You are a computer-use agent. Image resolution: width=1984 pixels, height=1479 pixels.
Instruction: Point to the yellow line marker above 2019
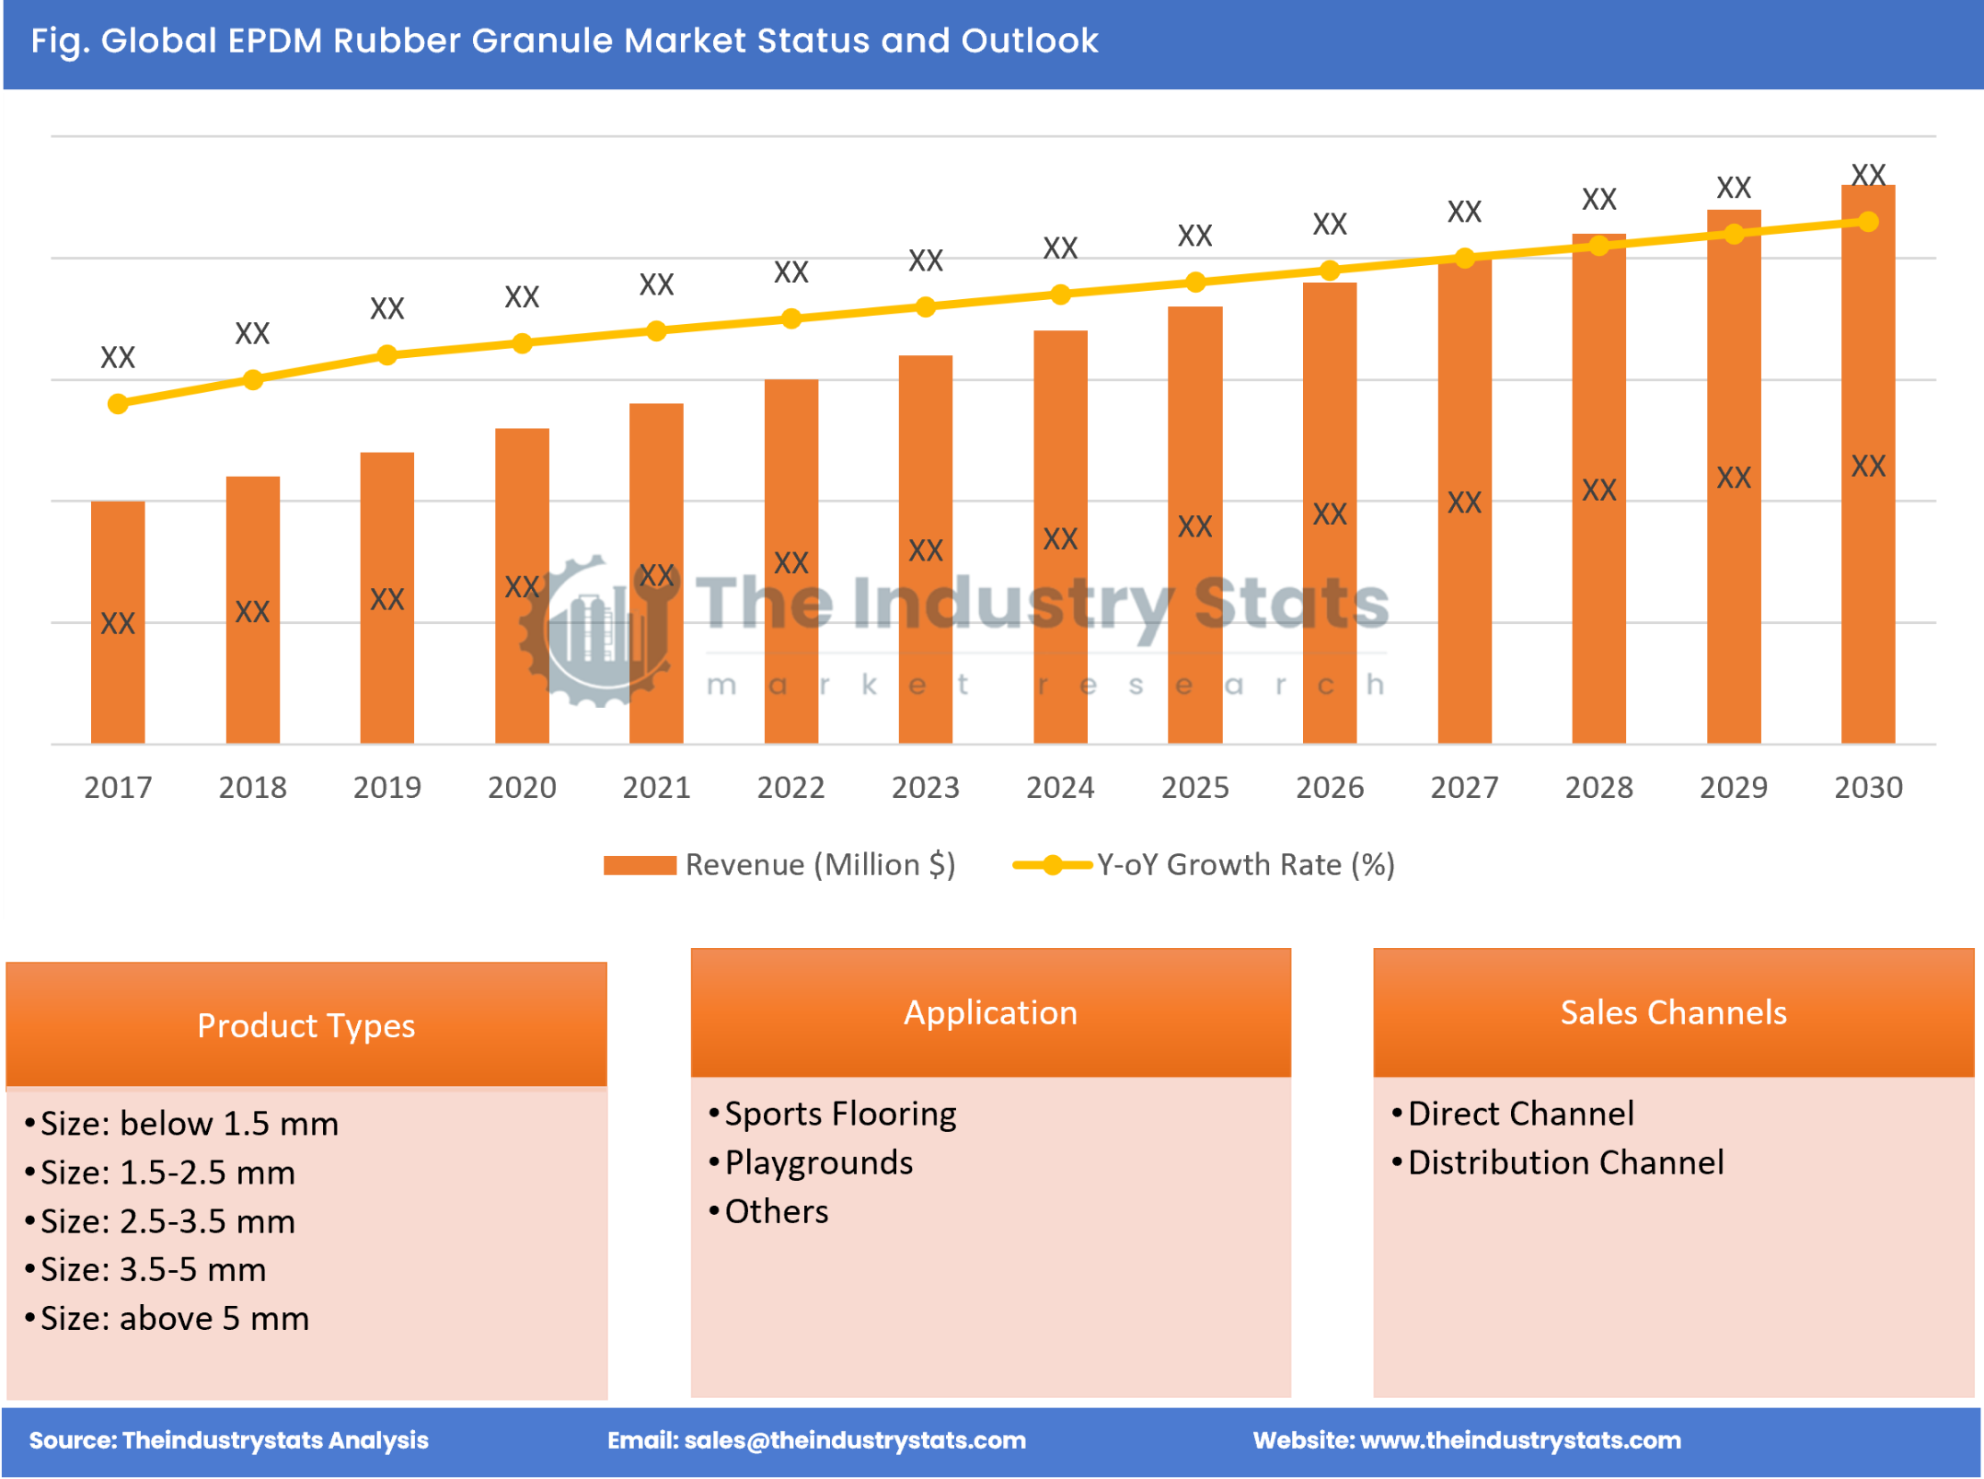click(387, 355)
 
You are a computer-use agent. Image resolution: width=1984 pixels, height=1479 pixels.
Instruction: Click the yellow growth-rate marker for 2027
click(1465, 259)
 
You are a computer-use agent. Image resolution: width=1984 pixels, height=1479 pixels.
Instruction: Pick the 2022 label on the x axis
click(790, 788)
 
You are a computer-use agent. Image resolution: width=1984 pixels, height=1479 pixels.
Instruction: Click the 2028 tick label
click(1598, 788)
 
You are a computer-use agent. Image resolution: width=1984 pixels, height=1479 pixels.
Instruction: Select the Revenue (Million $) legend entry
click(780, 865)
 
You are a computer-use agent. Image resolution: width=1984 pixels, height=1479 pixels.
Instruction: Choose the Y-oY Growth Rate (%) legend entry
click(1205, 865)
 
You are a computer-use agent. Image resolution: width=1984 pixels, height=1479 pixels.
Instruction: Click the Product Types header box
click(306, 1025)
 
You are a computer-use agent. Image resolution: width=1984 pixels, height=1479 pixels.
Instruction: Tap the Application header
click(990, 1012)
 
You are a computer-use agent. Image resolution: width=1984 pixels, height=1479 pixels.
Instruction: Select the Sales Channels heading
click(1673, 1012)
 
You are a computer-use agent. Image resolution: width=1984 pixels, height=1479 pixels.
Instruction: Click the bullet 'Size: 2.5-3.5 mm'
click(167, 1221)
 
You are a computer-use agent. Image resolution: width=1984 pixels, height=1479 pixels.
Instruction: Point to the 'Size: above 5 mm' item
click(175, 1319)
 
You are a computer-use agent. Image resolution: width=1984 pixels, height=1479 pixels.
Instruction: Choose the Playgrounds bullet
click(818, 1162)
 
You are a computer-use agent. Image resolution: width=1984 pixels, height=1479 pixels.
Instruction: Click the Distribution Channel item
click(1565, 1162)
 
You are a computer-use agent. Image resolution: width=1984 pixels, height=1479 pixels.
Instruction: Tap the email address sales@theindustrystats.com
click(855, 1440)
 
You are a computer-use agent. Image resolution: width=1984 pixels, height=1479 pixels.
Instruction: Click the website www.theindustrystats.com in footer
click(1520, 1440)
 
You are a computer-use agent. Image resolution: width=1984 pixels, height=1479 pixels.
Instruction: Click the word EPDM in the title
click(275, 40)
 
